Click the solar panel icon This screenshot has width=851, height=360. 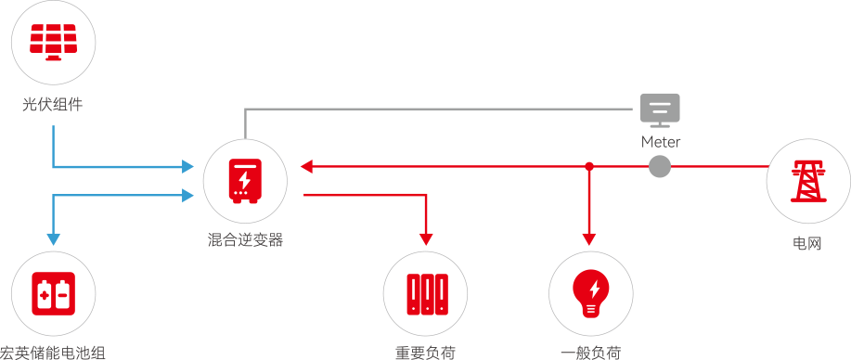53,42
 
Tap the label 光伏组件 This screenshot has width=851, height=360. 53,104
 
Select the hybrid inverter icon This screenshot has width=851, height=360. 245,181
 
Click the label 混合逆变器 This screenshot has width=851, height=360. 245,240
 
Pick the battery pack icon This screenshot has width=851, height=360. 53,293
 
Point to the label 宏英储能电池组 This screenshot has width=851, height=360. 53,353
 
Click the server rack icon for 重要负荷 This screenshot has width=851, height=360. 428,294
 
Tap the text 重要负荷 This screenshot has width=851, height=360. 425,353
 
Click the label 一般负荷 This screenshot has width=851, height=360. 591,353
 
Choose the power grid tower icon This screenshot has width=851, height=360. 808,181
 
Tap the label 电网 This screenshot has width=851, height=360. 807,243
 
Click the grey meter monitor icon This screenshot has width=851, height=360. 660,110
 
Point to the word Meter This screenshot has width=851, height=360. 661,142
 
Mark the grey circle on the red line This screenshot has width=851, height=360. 660,166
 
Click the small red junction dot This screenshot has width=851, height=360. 589,166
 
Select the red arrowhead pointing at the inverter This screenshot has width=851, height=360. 306,166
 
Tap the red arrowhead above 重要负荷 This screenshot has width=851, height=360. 426,238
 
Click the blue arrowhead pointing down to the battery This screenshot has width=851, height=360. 53,239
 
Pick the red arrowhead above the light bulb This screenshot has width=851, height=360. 589,238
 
